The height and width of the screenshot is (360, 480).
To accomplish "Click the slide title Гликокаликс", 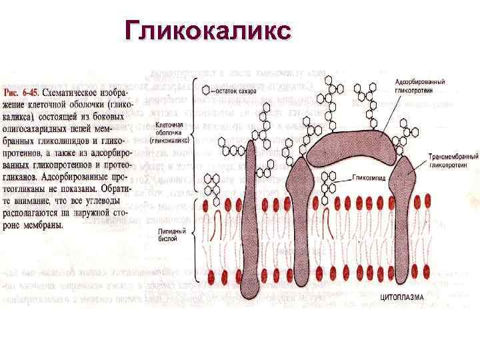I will click(x=207, y=31).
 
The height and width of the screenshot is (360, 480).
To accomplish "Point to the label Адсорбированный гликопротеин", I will click(x=425, y=85).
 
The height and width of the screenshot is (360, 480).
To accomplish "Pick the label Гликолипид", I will click(x=367, y=179).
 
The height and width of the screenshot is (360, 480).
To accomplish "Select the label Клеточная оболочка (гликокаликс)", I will click(x=171, y=132).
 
